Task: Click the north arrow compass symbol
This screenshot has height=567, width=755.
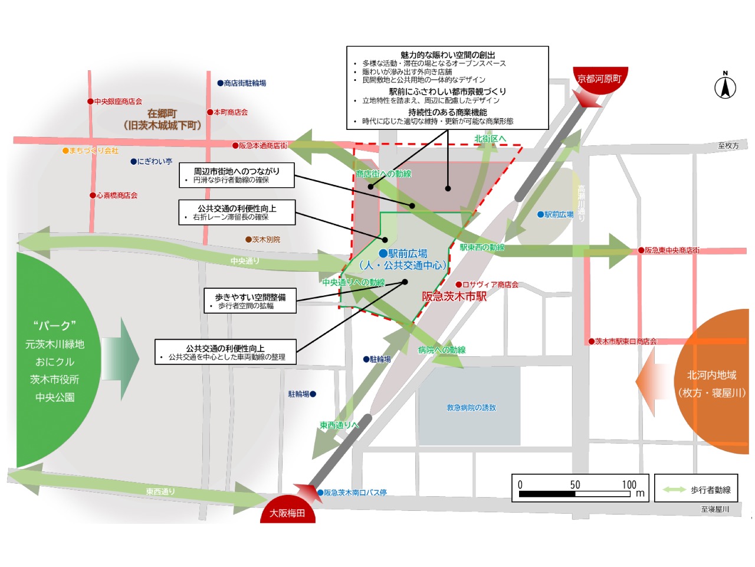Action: pos(725,87)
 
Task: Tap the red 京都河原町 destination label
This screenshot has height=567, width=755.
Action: pos(599,79)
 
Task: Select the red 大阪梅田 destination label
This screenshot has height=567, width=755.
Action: pos(287,513)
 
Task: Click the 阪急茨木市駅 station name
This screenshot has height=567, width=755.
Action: pos(454,296)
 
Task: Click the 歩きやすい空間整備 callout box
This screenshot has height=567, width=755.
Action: pos(250,301)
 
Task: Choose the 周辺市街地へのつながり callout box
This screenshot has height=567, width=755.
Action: pos(237,175)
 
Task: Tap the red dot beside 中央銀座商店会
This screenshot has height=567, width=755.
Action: pos(90,102)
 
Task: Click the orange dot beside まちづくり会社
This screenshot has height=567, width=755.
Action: pos(65,151)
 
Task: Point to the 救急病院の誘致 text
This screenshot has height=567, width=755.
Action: pos(471,408)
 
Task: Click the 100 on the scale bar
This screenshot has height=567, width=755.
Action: pos(629,485)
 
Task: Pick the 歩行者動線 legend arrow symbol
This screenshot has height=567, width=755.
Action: pos(674,490)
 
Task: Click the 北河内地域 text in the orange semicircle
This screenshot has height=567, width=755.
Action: pos(711,375)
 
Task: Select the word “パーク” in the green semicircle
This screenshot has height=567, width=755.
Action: pos(55,325)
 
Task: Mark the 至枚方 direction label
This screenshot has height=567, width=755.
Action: pos(728,146)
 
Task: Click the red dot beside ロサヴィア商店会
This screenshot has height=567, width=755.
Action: pos(459,285)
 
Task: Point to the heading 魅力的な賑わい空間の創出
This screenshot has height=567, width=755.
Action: pos(448,55)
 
